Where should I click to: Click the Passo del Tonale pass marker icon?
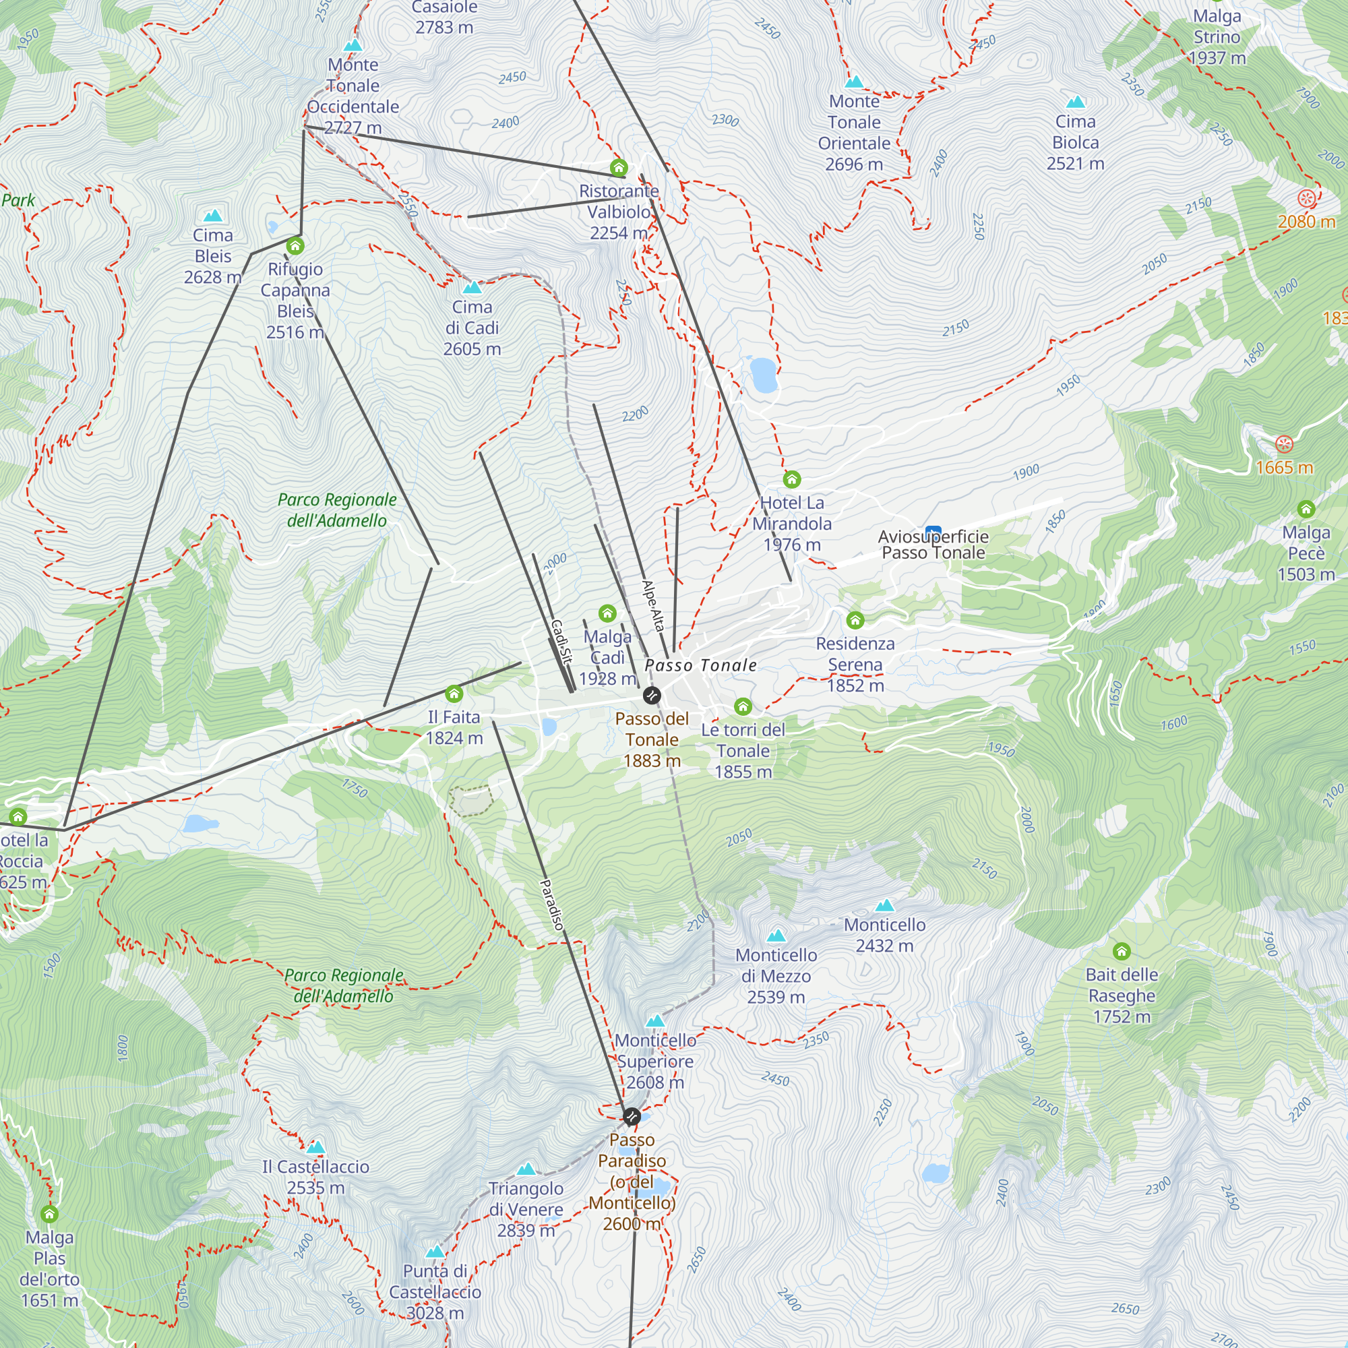pos(651,695)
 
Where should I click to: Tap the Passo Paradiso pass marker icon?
pos(632,1116)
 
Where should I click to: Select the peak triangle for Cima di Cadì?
pos(472,288)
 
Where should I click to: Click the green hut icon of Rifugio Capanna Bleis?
pos(295,245)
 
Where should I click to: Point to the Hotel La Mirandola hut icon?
pos(791,479)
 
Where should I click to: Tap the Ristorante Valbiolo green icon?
pos(619,167)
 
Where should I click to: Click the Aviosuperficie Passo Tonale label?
pos(933,545)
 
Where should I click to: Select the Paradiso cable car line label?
pos(551,905)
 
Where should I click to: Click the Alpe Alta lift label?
pos(652,605)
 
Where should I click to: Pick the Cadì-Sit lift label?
pos(561,640)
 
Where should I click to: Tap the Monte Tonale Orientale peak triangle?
pos(854,82)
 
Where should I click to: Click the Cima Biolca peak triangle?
pos(1075,102)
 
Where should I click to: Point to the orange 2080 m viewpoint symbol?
pos(1306,199)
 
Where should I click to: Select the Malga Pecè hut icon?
pos(1306,509)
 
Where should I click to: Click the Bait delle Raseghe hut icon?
pos(1122,951)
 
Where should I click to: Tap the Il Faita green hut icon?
pos(454,694)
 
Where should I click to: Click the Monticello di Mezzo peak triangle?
pos(776,936)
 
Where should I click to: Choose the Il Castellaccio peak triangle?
pos(315,1147)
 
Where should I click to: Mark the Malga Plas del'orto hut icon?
pos(49,1214)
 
